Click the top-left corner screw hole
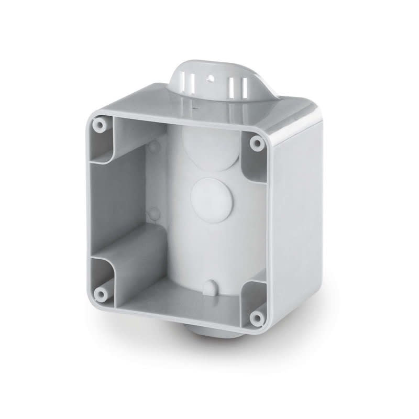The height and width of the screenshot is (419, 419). (98, 125)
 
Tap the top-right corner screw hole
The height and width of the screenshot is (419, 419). (256, 142)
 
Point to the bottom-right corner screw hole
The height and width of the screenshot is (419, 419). (256, 317)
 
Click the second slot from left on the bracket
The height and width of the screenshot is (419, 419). (192, 83)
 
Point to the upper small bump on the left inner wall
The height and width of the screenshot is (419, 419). (153, 147)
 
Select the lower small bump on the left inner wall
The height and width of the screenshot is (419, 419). (153, 213)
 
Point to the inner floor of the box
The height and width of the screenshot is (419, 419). (173, 299)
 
